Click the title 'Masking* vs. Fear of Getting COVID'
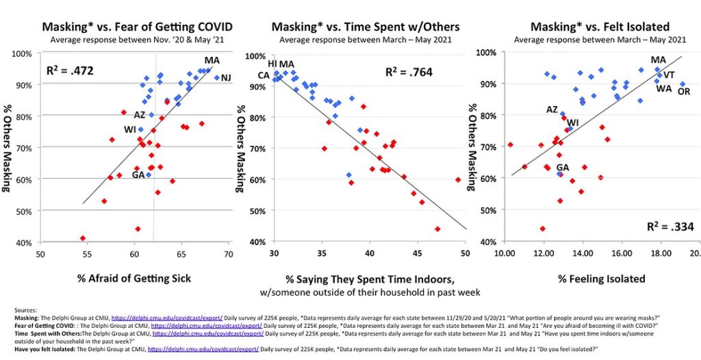pos(138,27)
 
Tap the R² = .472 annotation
pos(70,70)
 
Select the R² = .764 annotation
pos(409,72)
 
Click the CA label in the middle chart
pos(264,75)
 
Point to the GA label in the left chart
pos(138,175)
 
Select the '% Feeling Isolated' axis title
pos(593,278)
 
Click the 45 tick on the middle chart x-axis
pos(417,253)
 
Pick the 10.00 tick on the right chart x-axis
pos(505,253)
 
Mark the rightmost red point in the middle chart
pos(457,179)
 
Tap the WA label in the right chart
pos(663,88)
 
